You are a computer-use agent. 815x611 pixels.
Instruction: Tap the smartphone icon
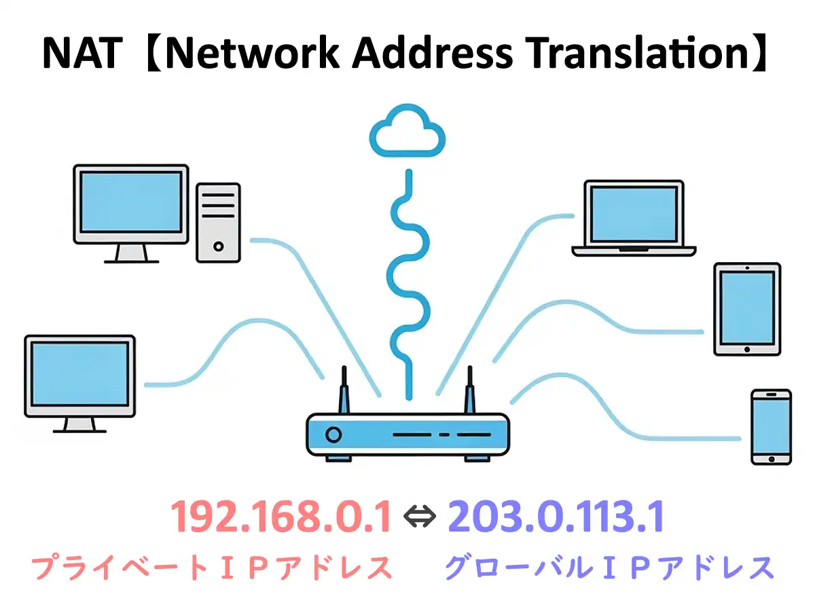coord(771,426)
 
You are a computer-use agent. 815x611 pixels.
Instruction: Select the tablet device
coord(746,310)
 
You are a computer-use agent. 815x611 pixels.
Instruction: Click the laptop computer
coord(634,218)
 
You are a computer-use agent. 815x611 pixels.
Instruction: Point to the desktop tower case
coord(218,222)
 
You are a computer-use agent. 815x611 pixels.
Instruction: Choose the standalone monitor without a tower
coord(80,377)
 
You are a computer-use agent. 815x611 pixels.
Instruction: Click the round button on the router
coord(333,434)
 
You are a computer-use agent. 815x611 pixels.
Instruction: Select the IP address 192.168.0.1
coord(281,518)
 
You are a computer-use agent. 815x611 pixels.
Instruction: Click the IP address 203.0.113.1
coord(556,518)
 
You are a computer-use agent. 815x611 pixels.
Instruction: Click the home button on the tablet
coord(746,349)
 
